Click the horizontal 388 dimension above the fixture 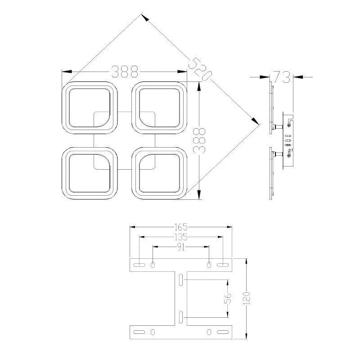coord(125,72)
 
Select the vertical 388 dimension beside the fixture coord(199,140)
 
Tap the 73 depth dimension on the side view coord(282,76)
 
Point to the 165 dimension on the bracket coord(181,227)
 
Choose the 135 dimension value coord(181,237)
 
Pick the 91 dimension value coord(181,247)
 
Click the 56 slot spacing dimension coord(228,298)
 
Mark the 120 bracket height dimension coord(246,298)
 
